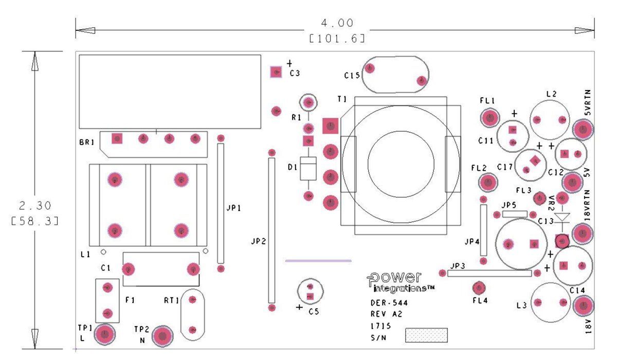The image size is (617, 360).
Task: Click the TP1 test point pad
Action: (x=105, y=334)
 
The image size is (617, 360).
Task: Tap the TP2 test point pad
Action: (x=162, y=336)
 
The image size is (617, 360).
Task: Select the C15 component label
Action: (x=352, y=75)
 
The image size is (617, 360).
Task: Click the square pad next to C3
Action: (x=276, y=72)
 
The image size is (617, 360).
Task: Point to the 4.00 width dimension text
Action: (x=337, y=23)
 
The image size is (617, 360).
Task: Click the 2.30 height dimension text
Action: (x=35, y=206)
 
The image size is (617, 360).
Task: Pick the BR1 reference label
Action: (x=87, y=142)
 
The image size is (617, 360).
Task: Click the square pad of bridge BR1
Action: (x=117, y=138)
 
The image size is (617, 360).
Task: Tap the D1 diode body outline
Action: (x=308, y=169)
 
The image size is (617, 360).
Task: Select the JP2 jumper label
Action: (x=258, y=242)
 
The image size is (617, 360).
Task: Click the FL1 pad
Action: (x=489, y=118)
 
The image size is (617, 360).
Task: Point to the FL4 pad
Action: (x=479, y=288)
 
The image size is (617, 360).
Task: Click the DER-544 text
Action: (x=389, y=303)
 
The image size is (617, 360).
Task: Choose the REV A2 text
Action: (x=387, y=314)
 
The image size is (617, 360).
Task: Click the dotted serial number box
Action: (x=426, y=335)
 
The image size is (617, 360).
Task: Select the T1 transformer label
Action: (x=342, y=99)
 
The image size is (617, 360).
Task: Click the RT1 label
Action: (x=172, y=300)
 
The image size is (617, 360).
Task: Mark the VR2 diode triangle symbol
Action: (x=562, y=217)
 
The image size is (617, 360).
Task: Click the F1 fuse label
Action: (x=130, y=300)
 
